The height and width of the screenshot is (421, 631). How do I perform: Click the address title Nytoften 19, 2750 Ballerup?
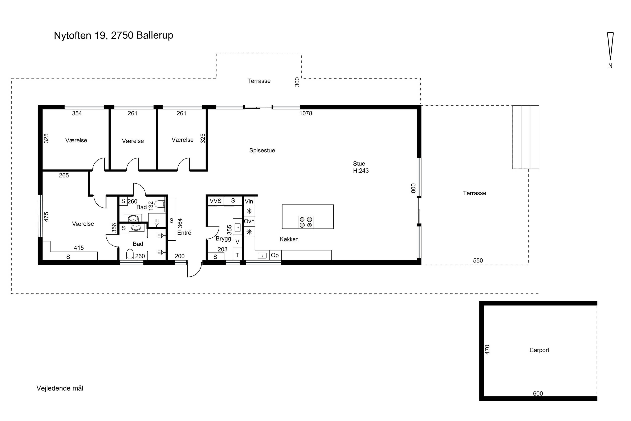114,35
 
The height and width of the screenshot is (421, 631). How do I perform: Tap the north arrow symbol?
610,46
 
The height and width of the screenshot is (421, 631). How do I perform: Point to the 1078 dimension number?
306,113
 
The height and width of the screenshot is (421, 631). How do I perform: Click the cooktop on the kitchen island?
306,222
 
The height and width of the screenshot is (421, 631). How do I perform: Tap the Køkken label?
289,239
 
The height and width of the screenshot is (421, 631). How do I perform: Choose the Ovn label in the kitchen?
249,221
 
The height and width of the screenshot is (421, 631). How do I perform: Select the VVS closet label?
215,201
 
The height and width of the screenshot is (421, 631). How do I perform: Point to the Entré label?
184,233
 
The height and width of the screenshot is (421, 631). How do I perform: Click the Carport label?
539,350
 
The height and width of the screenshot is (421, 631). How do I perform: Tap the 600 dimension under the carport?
538,394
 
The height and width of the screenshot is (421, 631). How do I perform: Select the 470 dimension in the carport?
488,350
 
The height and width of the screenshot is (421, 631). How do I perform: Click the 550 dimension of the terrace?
478,260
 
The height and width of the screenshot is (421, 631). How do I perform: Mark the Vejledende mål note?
60,388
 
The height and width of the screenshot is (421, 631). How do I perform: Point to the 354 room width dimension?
77,113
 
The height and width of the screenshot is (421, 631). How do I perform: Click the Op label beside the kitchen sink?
275,255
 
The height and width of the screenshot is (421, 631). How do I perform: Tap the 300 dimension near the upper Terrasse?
297,82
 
